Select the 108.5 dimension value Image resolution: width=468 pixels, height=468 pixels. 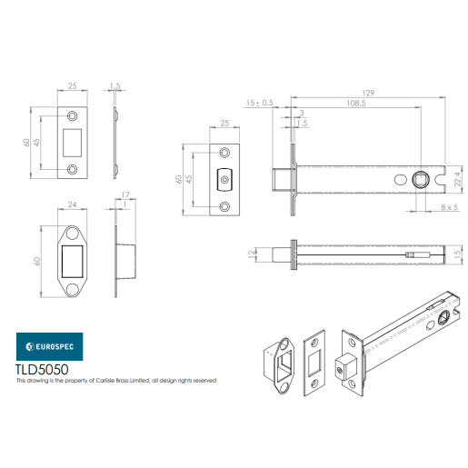point(356,105)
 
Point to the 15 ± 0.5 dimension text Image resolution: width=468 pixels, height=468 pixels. point(258,104)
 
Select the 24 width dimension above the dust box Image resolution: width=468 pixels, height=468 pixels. point(72,205)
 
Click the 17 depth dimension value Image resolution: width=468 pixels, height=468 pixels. point(124,194)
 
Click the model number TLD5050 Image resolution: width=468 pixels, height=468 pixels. point(44,370)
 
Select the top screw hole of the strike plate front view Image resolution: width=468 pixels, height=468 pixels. point(73,115)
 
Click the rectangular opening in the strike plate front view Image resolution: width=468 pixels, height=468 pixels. point(73,142)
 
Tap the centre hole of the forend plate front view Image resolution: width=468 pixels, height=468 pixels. point(224,181)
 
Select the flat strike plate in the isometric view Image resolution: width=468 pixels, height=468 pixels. point(314,364)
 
